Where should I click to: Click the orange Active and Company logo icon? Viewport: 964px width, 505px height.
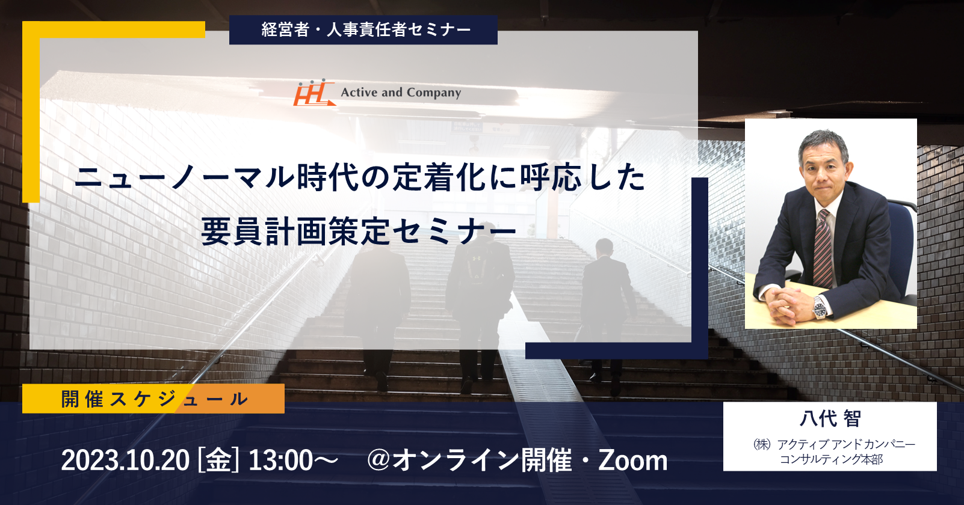coord(314,93)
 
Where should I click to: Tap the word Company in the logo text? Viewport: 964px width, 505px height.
coord(434,93)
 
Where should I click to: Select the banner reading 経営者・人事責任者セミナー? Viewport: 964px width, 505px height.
coord(363,29)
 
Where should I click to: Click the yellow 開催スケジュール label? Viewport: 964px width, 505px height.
coord(153,399)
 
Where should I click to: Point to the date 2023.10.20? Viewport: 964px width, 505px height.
coord(125,461)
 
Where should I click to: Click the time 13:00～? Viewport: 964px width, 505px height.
coord(294,461)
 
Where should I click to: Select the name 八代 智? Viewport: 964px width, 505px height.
coord(830,418)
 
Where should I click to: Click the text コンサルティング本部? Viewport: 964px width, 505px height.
coord(831,459)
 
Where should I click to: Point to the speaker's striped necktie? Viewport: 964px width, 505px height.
coord(823,249)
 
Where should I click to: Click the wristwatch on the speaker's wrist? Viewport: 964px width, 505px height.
coord(820,308)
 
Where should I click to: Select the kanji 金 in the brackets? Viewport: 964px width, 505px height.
coord(218,461)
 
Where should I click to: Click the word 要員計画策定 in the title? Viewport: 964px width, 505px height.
coord(295,231)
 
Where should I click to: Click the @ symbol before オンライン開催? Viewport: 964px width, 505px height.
coord(378,460)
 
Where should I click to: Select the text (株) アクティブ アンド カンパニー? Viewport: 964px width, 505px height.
coord(833,444)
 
